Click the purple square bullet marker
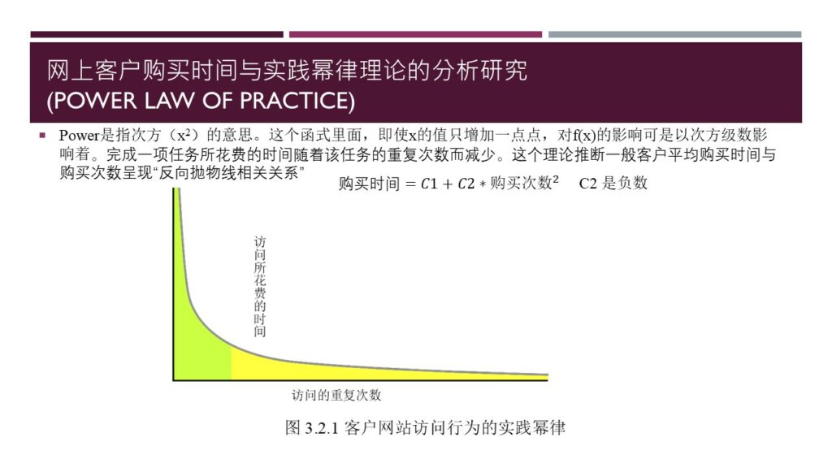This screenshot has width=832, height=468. click(x=42, y=136)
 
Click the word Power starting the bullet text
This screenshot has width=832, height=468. click(x=80, y=136)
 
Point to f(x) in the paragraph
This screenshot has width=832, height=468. click(x=583, y=136)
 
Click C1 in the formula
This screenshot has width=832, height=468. click(x=429, y=184)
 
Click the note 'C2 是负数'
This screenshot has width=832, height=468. click(x=613, y=183)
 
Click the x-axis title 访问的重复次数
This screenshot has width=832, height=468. click(x=336, y=396)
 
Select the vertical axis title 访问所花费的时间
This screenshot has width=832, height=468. click(x=259, y=287)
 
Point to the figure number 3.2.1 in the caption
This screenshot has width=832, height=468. click(x=322, y=427)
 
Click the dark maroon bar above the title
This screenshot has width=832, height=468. click(x=157, y=34)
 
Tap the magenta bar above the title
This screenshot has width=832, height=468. click(x=415, y=34)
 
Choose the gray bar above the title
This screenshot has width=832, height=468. click(x=675, y=34)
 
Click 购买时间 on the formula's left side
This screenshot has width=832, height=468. click(x=370, y=184)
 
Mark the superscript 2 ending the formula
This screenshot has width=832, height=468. click(x=556, y=180)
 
